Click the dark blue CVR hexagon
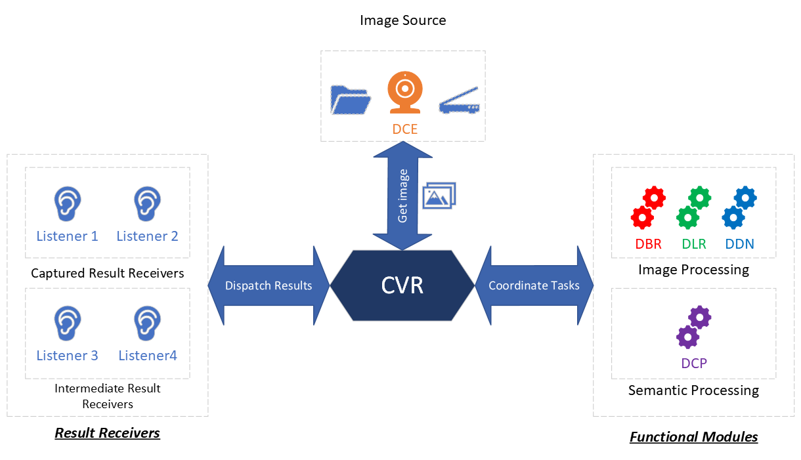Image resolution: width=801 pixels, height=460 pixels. tap(402, 285)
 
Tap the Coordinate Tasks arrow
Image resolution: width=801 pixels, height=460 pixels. tap(534, 285)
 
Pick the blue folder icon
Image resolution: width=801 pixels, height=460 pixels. tap(351, 100)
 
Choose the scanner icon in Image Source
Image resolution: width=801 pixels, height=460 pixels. tap(460, 100)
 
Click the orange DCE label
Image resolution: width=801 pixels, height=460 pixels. tap(405, 129)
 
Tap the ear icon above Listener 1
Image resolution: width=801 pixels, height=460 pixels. tap(67, 203)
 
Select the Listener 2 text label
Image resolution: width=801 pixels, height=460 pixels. tap(148, 236)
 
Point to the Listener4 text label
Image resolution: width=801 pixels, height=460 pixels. tap(148, 356)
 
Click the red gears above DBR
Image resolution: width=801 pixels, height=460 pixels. tap(648, 207)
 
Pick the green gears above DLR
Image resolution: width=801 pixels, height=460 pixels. tap(693, 207)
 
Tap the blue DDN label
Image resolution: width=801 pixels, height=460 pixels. tap(739, 244)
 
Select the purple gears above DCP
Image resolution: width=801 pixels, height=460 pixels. tap(693, 327)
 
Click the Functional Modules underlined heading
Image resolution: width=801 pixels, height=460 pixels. tap(693, 437)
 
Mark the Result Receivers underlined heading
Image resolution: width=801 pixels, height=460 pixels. tap(107, 433)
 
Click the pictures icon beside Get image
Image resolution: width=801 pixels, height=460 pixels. tap(439, 196)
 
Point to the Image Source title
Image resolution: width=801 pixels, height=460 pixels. tap(402, 20)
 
